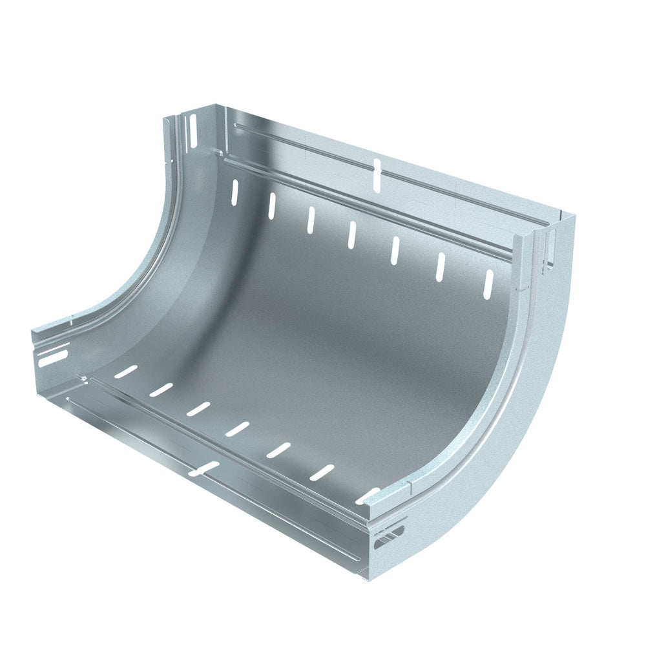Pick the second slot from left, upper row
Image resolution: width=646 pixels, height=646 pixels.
click(x=272, y=205)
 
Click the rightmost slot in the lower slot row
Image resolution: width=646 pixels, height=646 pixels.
click(x=367, y=496)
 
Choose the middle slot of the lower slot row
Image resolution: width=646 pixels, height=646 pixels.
click(x=238, y=428)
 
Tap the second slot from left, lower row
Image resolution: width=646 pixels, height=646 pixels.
click(x=161, y=389)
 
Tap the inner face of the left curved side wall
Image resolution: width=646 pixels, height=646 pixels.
click(x=194, y=258)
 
